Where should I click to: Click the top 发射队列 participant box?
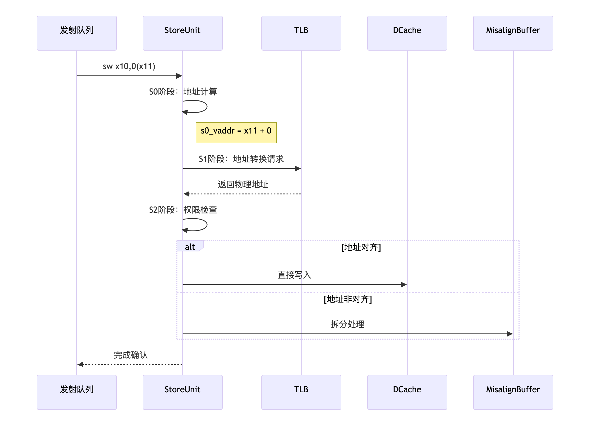(x=77, y=33)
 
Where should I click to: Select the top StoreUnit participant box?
(x=182, y=33)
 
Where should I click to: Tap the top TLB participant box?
(x=301, y=33)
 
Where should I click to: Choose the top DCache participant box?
(x=407, y=33)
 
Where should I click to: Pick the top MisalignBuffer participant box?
(x=513, y=33)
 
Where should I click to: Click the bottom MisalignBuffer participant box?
(x=513, y=392)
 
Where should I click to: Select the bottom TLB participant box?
(x=301, y=392)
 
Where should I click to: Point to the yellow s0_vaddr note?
(x=236, y=132)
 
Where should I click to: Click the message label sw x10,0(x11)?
(x=129, y=66)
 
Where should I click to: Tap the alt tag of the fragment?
(x=190, y=247)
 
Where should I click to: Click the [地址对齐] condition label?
(x=361, y=247)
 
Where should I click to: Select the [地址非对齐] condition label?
(x=348, y=299)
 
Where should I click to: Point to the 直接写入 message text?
(x=294, y=275)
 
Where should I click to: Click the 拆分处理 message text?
(x=347, y=324)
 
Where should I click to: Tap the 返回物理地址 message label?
(x=243, y=184)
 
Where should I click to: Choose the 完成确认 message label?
(x=131, y=355)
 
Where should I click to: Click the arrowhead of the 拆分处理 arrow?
(x=509, y=334)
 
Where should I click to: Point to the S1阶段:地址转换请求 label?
(x=241, y=159)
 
